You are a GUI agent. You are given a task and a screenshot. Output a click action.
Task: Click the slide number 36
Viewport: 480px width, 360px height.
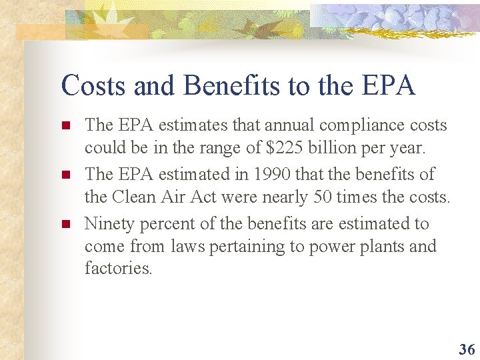point(467,349)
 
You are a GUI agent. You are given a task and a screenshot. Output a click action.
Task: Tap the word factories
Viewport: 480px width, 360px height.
point(118,269)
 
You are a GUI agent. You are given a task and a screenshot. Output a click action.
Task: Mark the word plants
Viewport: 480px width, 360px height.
point(380,247)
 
